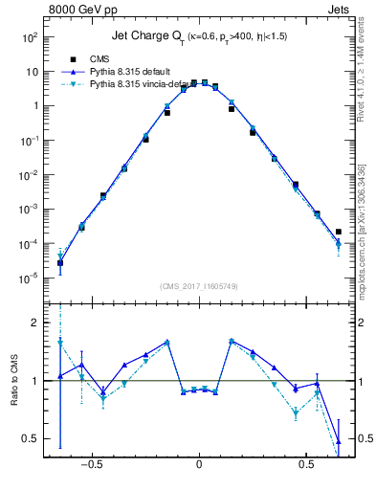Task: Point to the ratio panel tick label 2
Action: point(33,323)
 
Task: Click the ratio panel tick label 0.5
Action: point(30,439)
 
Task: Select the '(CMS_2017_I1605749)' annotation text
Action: point(198,286)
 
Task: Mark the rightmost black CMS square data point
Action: point(339,232)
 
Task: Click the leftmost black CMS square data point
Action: point(60,263)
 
